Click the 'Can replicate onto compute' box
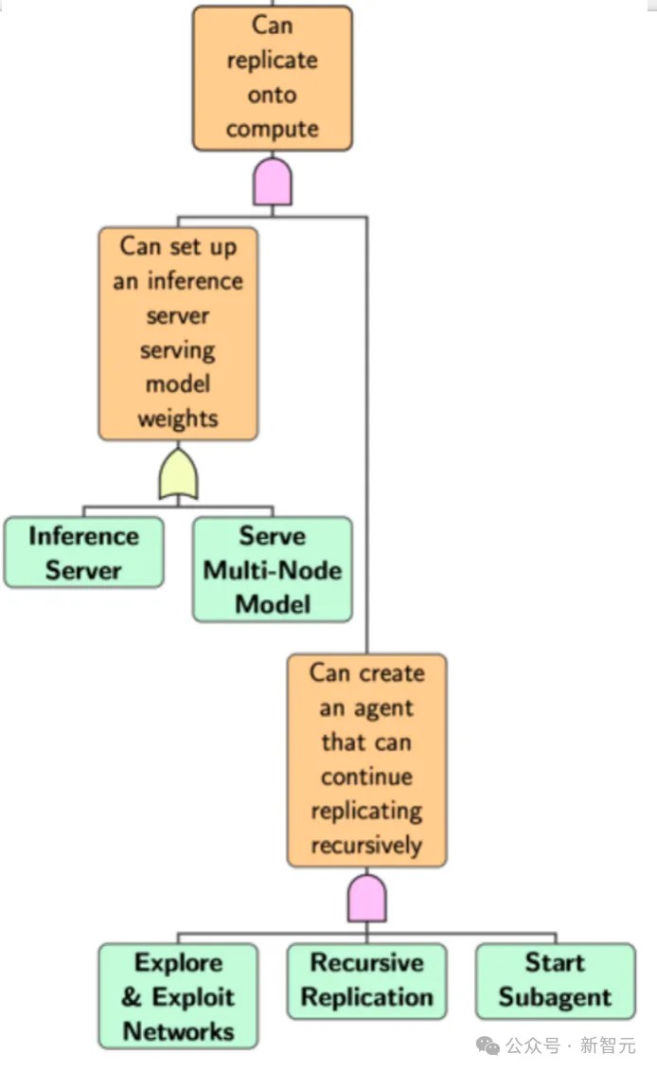click(272, 78)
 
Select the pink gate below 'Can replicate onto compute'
click(273, 182)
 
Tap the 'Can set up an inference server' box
click(178, 333)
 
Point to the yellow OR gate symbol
click(178, 473)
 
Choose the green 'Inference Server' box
click(83, 552)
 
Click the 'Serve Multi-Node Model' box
click(272, 569)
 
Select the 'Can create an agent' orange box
click(366, 760)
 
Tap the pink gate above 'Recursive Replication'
click(367, 899)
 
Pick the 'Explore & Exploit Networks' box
click(178, 996)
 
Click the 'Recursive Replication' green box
click(366, 981)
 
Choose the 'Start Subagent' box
click(555, 981)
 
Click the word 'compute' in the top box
click(272, 129)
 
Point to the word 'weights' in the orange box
click(178, 418)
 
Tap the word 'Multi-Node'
click(272, 570)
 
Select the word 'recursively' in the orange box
click(366, 845)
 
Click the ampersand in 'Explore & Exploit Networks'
click(132, 997)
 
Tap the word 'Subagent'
click(555, 997)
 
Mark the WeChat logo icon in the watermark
click(488, 1045)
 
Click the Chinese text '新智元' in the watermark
click(608, 1045)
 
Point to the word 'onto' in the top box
click(272, 95)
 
